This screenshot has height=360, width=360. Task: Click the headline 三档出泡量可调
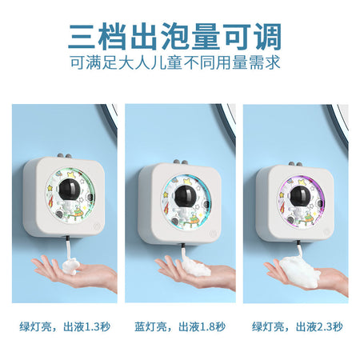(174, 37)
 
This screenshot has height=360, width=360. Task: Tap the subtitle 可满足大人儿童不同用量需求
(175, 62)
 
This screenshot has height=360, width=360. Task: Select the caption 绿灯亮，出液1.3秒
(65, 326)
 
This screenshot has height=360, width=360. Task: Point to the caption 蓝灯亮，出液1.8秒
(180, 326)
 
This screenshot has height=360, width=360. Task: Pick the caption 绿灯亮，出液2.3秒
(298, 326)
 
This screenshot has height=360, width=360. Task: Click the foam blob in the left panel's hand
(70, 266)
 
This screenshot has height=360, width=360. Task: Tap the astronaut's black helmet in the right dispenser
(300, 197)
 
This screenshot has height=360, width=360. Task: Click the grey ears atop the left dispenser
(65, 155)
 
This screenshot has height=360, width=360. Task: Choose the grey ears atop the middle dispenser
(180, 162)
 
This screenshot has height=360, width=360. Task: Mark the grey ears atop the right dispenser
(295, 164)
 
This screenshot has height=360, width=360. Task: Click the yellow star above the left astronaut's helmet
(71, 174)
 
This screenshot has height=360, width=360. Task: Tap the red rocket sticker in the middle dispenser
(167, 207)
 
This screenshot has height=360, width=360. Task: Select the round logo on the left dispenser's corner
(96, 226)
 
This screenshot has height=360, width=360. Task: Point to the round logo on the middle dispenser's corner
(214, 234)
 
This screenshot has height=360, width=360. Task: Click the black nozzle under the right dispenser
(299, 243)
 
